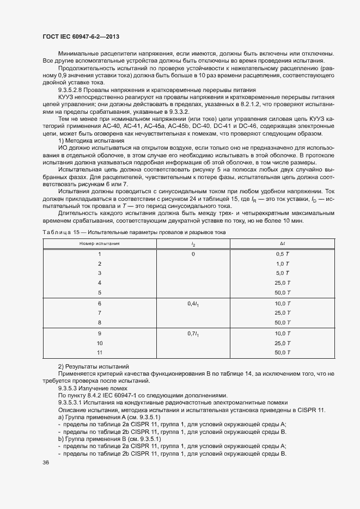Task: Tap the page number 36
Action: pyautogui.click(x=45, y=463)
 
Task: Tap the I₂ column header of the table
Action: pyautogui.click(x=193, y=244)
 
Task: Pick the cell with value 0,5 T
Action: pyautogui.click(x=281, y=254)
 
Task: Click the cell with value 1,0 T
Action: pyautogui.click(x=281, y=263)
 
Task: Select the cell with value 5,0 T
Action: pyautogui.click(x=281, y=273)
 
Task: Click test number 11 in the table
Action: pyautogui.click(x=99, y=353)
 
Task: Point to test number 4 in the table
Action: pyautogui.click(x=99, y=283)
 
